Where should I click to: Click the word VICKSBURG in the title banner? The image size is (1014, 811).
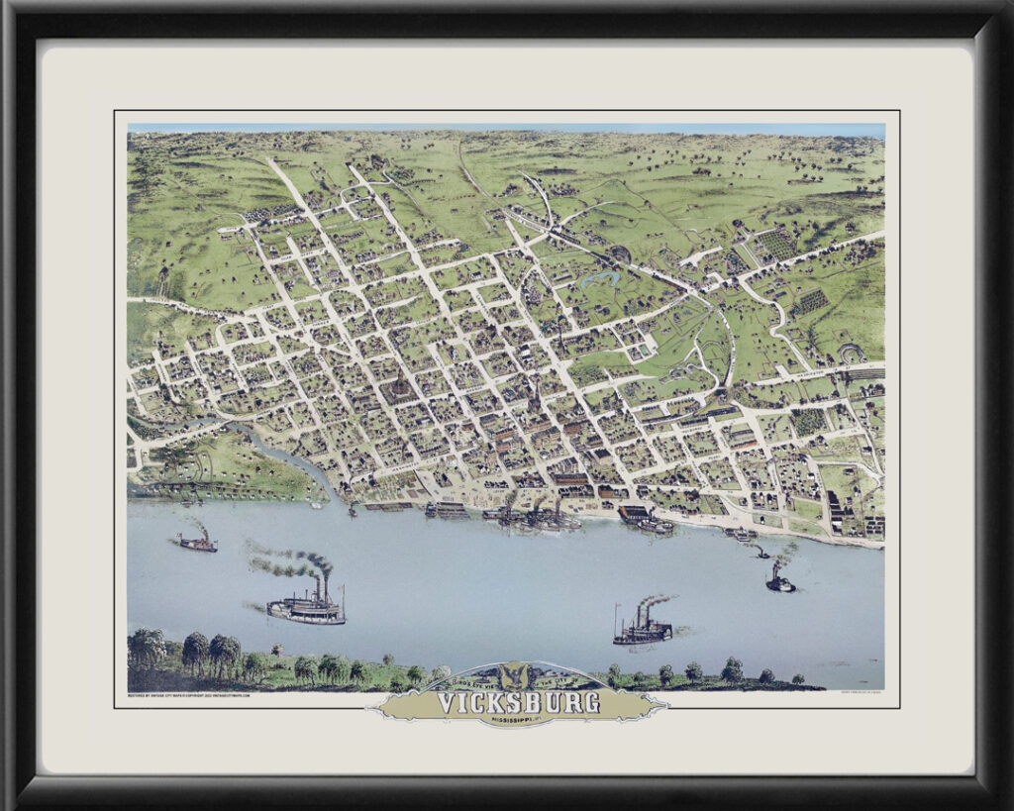(518, 703)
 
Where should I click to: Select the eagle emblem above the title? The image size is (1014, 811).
(515, 676)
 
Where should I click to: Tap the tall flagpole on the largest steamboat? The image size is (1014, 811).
(343, 599)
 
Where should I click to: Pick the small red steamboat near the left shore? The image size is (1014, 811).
(197, 542)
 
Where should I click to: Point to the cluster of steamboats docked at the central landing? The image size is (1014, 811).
(535, 515)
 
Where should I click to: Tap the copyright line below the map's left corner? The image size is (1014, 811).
(188, 695)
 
